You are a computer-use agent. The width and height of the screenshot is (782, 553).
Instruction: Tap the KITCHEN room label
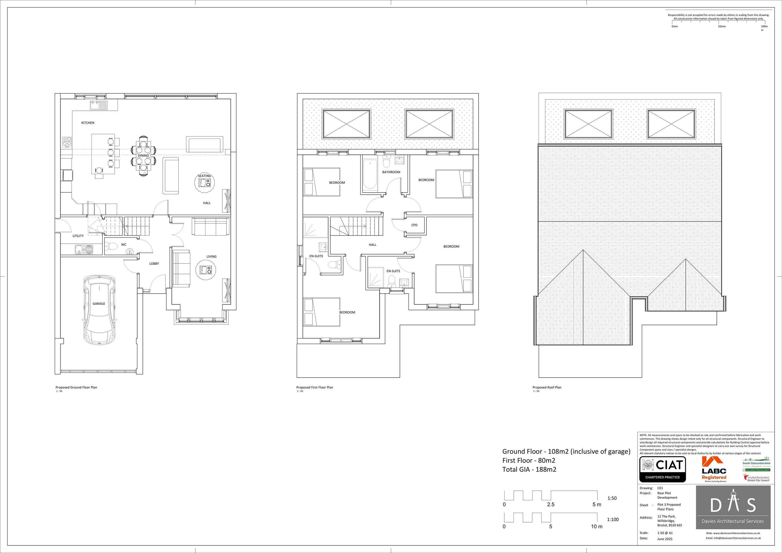[x=88, y=123]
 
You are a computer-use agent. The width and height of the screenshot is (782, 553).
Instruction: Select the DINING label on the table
[x=143, y=156]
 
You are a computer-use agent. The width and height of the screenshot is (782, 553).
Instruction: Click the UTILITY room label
[x=78, y=236]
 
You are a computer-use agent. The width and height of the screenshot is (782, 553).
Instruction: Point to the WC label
[x=124, y=245]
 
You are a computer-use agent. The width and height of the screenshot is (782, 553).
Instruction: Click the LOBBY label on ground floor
[x=154, y=264]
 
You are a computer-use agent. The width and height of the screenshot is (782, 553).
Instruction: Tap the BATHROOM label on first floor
[x=391, y=172]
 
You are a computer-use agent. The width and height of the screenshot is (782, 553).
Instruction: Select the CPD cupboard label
[x=414, y=225]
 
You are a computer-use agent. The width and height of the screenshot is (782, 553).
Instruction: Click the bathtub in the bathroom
[x=370, y=174]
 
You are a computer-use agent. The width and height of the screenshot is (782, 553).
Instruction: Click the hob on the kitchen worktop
[x=67, y=142]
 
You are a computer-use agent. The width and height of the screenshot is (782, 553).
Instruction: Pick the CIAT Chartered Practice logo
[x=662, y=469]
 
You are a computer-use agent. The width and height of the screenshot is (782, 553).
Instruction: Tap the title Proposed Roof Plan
[x=547, y=387]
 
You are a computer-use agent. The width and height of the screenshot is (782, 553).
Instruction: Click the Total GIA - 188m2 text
[x=529, y=469]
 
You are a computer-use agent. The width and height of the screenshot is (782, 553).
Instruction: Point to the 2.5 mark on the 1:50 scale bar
[x=551, y=504]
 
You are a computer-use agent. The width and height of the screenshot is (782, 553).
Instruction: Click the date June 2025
[x=665, y=539]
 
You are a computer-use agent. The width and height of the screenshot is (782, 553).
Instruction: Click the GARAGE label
[x=99, y=304]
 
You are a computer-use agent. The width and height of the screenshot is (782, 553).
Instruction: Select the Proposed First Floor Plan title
[x=315, y=387]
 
